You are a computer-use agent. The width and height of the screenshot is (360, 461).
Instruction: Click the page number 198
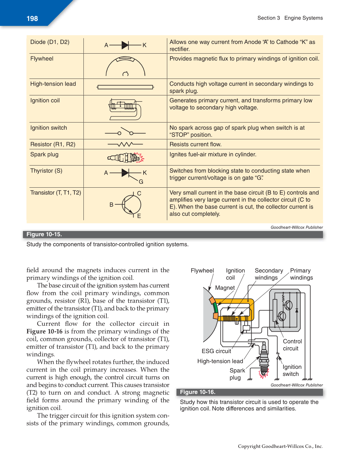(32, 19)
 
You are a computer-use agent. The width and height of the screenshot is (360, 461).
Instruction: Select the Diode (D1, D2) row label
(50, 42)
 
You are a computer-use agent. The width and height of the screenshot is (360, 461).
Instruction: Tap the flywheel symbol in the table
(125, 66)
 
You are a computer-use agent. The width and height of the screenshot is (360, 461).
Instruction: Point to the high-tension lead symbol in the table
(125, 87)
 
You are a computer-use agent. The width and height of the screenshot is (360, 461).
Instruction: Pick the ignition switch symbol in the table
(125, 132)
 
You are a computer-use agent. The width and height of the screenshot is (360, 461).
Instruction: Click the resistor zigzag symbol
(125, 144)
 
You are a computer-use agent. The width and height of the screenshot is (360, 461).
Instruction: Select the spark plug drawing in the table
(126, 158)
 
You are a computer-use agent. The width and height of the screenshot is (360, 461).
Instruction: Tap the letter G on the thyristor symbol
(141, 182)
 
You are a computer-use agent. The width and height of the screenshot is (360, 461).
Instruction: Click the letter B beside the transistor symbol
(111, 205)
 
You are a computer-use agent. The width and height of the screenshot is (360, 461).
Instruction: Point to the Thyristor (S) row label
(46, 171)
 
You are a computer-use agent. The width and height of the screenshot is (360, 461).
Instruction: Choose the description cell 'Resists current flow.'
(195, 144)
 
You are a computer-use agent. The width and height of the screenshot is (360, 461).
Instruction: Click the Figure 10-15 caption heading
(44, 234)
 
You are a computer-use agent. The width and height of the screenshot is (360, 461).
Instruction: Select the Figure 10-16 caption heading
(198, 392)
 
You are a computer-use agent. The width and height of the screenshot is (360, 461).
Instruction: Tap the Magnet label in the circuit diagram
(225, 288)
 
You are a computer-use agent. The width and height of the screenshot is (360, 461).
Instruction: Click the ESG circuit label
(216, 351)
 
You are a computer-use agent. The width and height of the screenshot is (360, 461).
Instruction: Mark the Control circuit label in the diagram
(292, 345)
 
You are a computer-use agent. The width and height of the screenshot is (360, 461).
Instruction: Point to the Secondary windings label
(269, 274)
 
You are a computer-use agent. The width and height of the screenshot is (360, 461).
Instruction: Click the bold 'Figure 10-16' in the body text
(44, 331)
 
